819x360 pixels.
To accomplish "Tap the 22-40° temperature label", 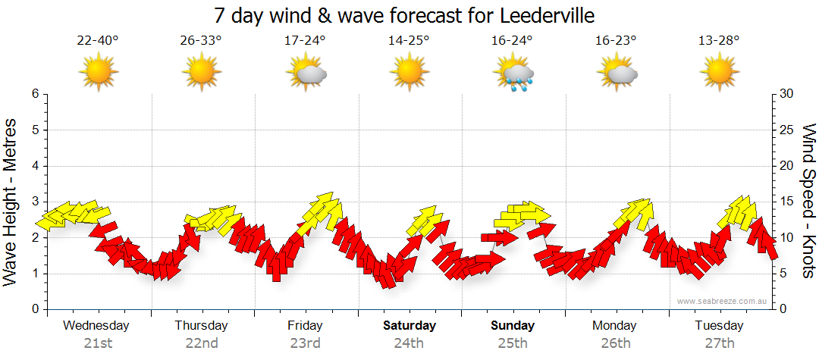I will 98,40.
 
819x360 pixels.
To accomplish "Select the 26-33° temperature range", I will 201,40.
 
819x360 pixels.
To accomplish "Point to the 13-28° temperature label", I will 719,40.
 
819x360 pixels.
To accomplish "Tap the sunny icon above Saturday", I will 409,74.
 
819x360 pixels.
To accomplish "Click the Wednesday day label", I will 96,326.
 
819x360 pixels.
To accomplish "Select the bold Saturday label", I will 409,326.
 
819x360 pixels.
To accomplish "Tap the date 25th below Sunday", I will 513,343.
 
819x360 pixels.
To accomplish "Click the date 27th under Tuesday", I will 719,343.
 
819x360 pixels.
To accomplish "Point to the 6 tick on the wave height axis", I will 34,94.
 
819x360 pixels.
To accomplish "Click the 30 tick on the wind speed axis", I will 787,94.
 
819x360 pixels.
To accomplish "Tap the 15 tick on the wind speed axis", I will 787,202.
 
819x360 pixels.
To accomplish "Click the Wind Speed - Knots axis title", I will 808,201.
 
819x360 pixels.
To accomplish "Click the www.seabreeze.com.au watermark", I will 723,301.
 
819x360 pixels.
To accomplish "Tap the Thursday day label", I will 201,326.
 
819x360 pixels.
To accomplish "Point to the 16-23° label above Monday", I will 616,40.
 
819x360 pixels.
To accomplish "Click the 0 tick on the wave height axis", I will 34,309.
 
